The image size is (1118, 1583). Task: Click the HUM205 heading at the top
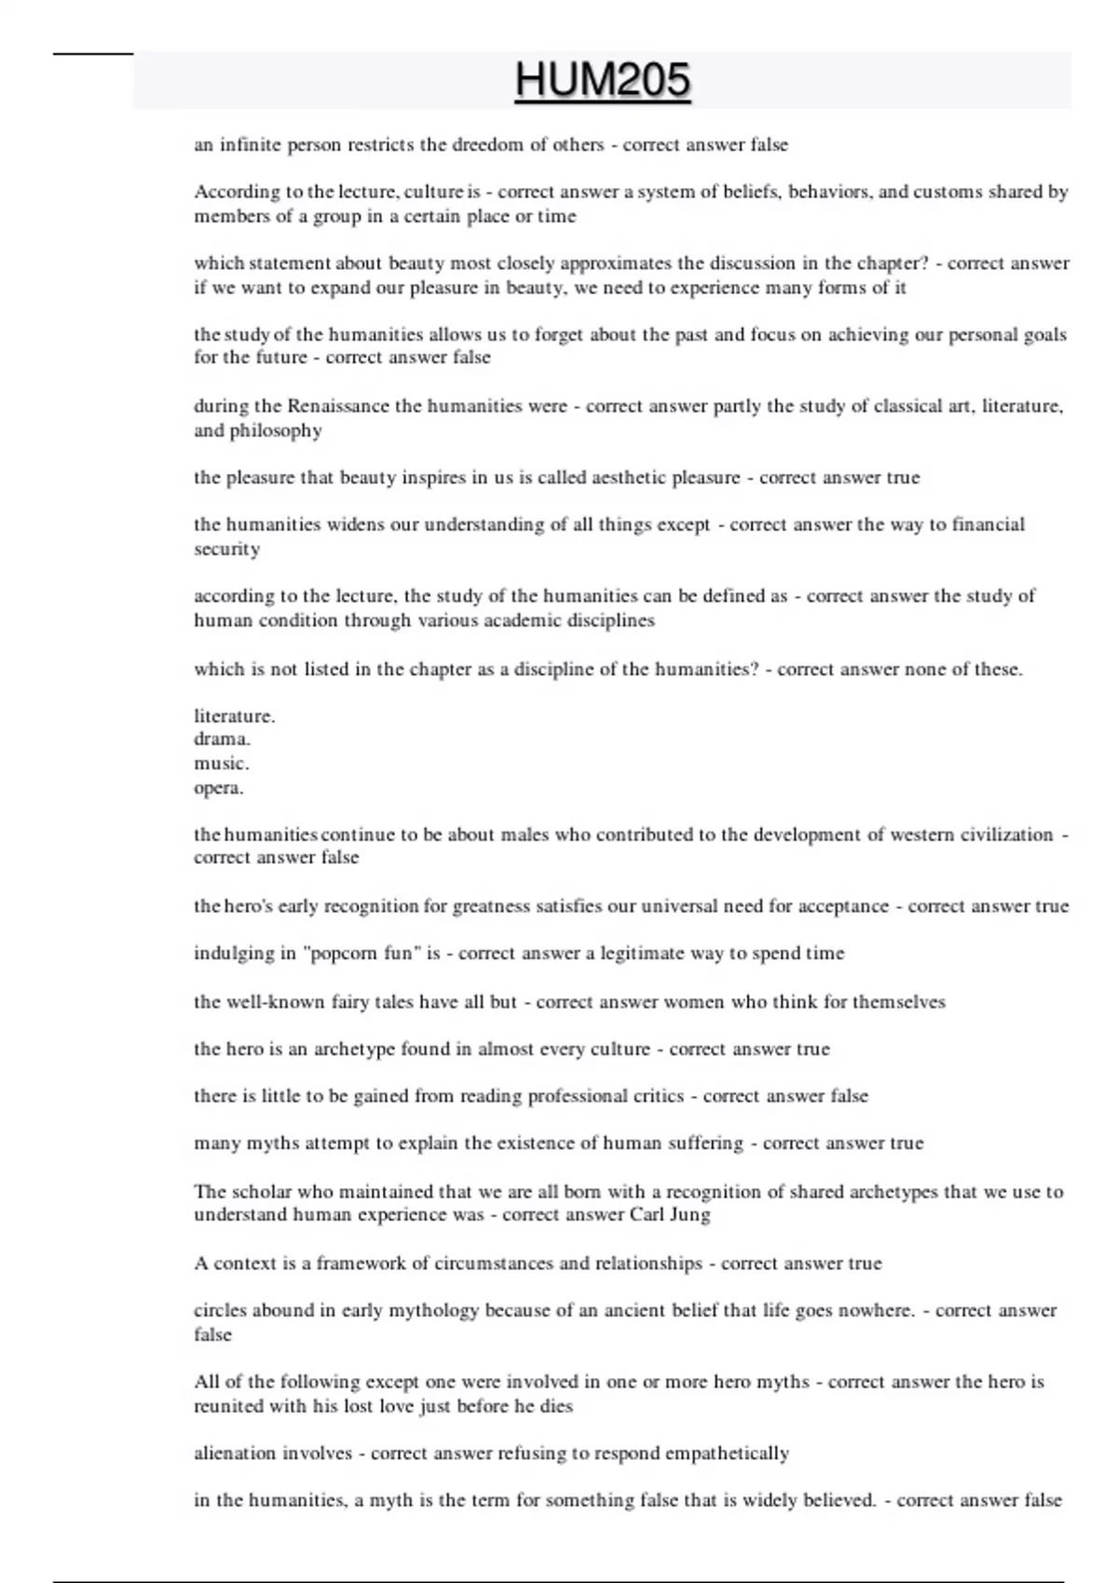point(602,80)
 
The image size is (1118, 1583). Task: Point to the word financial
point(988,524)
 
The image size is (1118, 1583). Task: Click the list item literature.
point(234,716)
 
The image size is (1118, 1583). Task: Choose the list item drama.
point(222,739)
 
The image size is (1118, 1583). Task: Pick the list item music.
point(221,764)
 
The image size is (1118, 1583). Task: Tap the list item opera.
point(218,788)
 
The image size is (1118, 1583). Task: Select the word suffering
point(705,1143)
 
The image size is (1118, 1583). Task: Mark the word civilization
point(1006,834)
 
